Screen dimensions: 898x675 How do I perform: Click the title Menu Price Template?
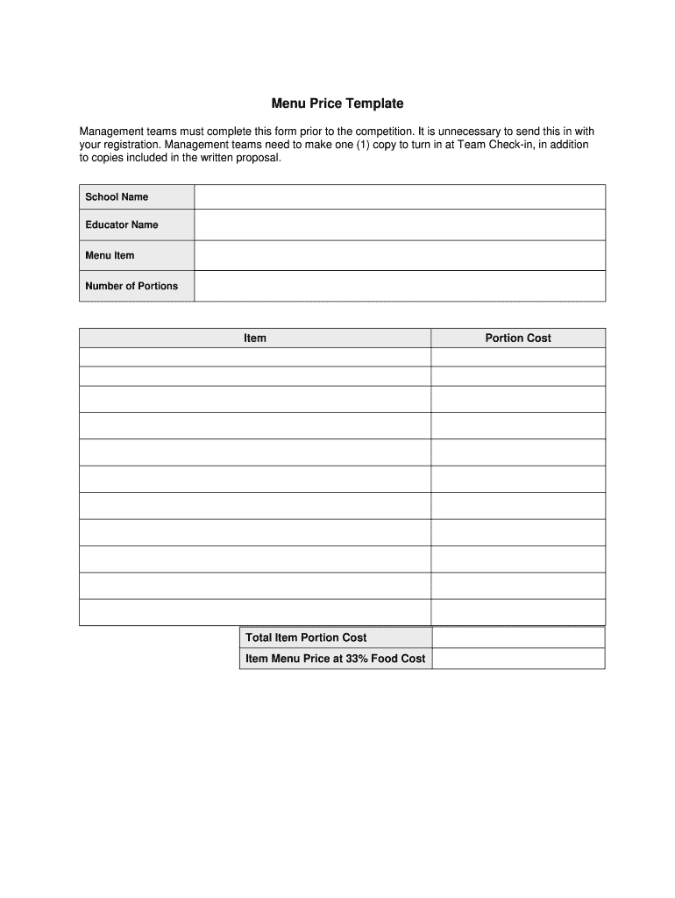[x=337, y=103]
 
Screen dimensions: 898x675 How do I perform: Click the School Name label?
[x=117, y=197]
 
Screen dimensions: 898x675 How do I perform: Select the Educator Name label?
[x=122, y=225]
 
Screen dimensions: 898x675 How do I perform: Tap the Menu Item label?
[x=110, y=256]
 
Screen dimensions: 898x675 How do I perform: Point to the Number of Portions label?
[x=131, y=286]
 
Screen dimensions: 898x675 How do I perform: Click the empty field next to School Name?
[x=400, y=197]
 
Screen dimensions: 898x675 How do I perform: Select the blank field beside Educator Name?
[x=400, y=225]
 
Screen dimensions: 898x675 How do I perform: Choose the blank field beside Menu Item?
[x=400, y=256]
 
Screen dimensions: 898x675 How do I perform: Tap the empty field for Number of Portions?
[x=400, y=286]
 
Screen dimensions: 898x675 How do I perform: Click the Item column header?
[x=255, y=339]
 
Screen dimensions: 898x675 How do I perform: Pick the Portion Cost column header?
[x=518, y=339]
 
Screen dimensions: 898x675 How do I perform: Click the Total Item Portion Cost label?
[x=306, y=638]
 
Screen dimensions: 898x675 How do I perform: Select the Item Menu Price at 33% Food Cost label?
[x=336, y=659]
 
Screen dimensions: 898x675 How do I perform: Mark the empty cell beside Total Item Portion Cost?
[x=518, y=638]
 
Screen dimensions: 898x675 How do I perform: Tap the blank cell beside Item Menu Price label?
[x=518, y=659]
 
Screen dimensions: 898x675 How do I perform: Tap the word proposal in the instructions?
[x=259, y=159]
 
